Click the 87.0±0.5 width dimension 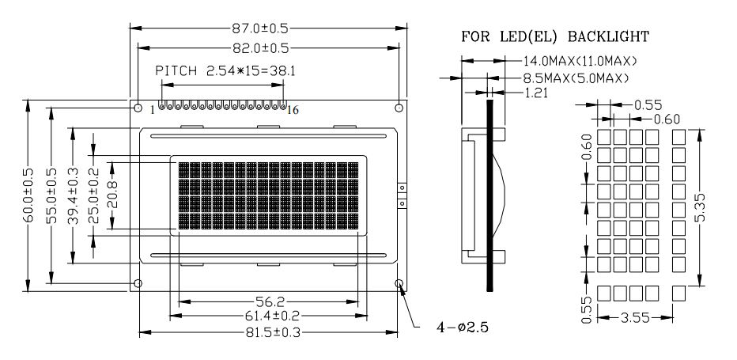tap(259, 28)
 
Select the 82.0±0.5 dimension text tap(260, 48)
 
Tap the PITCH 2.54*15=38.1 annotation tap(225, 71)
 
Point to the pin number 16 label tap(293, 110)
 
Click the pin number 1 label tap(153, 110)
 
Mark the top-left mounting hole tap(138, 108)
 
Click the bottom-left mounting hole tap(138, 283)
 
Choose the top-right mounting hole tap(399, 108)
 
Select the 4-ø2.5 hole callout tap(463, 327)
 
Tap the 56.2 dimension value tap(268, 301)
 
